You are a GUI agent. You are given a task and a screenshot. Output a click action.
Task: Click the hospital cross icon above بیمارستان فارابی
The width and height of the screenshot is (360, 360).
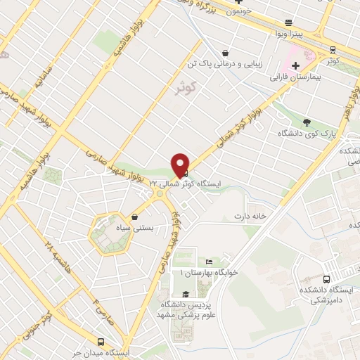tap(296, 65)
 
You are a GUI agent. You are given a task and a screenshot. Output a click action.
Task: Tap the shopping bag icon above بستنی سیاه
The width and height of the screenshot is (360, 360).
tap(134, 217)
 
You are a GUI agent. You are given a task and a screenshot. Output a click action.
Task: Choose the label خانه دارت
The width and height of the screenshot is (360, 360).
tap(252, 217)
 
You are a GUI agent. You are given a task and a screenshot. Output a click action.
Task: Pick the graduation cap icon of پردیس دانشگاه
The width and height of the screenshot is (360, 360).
tap(185, 295)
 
